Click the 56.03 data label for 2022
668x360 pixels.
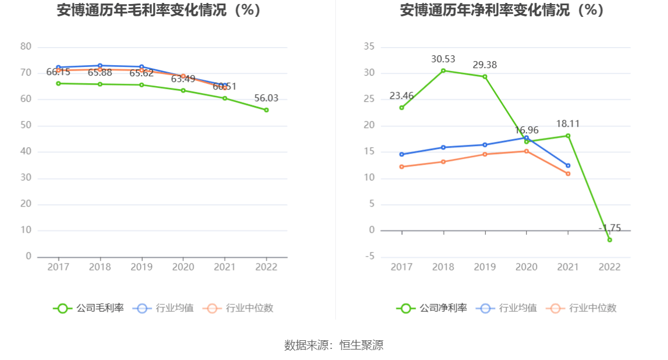tap(266, 98)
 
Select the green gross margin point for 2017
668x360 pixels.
tap(58, 83)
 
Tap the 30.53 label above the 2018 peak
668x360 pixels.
tap(443, 59)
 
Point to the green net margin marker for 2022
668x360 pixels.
tap(609, 240)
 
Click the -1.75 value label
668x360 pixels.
tap(610, 228)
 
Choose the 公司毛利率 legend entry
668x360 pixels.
tap(89, 308)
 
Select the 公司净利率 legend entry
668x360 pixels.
tap(432, 308)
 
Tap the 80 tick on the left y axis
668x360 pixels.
tap(26, 47)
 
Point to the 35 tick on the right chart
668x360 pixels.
tap(369, 47)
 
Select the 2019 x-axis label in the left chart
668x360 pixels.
tap(141, 267)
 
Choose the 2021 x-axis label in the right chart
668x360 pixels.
tap(568, 267)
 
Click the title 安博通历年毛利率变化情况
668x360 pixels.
tap(158, 10)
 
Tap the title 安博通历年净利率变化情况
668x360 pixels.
tap(502, 10)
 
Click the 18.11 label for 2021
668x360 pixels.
tap(568, 124)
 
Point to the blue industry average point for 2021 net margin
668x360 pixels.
tap(568, 166)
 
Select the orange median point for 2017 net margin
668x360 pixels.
tap(401, 167)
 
